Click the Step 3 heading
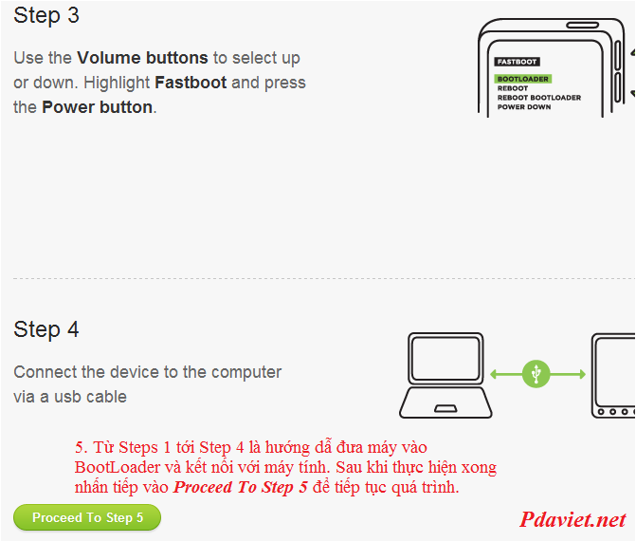tap(46, 16)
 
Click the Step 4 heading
tap(46, 329)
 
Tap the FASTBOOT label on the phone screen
tap(517, 62)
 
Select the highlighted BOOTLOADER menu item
tap(523, 79)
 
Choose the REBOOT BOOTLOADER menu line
tap(539, 98)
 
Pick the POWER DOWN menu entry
tap(524, 107)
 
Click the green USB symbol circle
tap(536, 374)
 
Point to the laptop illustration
tap(445, 376)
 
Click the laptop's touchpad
tap(445, 408)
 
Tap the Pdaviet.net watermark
tap(572, 519)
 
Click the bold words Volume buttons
tap(142, 58)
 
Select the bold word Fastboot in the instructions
tap(191, 83)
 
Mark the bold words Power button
tap(98, 107)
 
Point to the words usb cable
tap(90, 397)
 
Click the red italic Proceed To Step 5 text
tap(241, 487)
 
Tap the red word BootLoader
tap(118, 467)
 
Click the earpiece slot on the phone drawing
tap(583, 26)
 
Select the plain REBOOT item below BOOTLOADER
tap(513, 88)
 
